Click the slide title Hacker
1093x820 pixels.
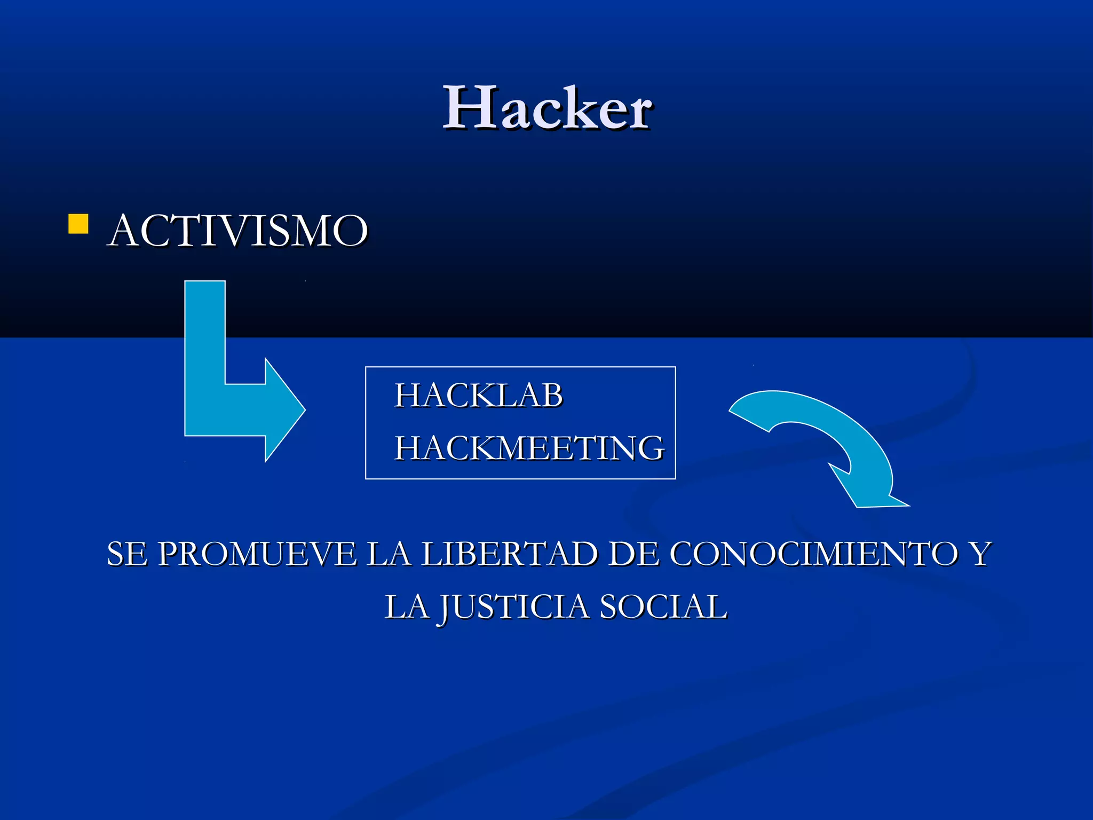coord(548,108)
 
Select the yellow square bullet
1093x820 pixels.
coord(78,224)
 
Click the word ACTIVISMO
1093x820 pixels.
coord(238,231)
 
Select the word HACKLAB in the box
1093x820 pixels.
coord(478,396)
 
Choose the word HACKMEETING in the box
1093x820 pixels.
coord(529,447)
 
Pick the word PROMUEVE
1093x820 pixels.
coord(258,554)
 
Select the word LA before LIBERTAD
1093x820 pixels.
coord(389,554)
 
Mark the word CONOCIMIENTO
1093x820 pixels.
coord(814,554)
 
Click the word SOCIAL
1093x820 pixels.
coord(663,607)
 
